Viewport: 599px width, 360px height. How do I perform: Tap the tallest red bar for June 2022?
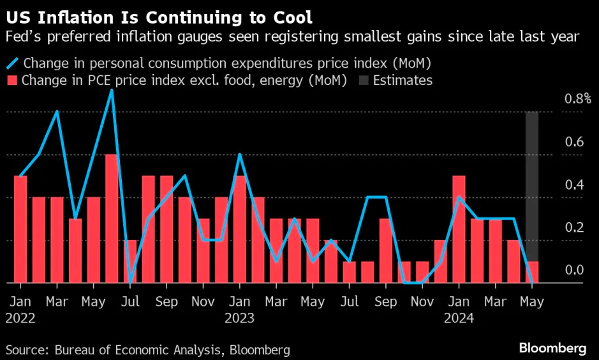coord(112,218)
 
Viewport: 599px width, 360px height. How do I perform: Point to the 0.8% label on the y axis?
coord(578,99)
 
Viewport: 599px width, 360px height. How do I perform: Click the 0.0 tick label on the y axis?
coord(574,270)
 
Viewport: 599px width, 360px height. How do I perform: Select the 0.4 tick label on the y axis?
coord(574,185)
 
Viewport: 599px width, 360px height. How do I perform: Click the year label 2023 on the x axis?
coord(239,318)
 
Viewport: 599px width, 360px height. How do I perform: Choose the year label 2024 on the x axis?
coord(459,318)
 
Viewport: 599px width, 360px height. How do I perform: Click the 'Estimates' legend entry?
coord(403,80)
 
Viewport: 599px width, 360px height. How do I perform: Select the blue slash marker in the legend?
coord(12,63)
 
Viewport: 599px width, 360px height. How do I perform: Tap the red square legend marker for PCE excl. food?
coord(12,80)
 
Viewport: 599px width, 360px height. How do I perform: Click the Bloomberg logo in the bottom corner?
coord(552,349)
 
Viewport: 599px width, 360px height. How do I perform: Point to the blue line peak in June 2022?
coord(112,90)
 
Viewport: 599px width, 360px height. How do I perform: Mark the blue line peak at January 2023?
coord(239,154)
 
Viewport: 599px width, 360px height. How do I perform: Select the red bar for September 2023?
coord(385,250)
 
